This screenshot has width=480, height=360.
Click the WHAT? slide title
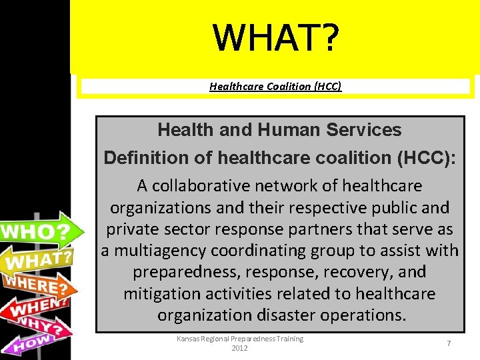click(275, 37)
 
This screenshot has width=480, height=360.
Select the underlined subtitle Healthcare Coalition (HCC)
click(275, 86)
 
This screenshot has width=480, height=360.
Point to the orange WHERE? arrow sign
click(37, 285)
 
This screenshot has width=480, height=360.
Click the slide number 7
click(449, 343)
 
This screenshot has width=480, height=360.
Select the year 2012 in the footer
click(239, 348)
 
